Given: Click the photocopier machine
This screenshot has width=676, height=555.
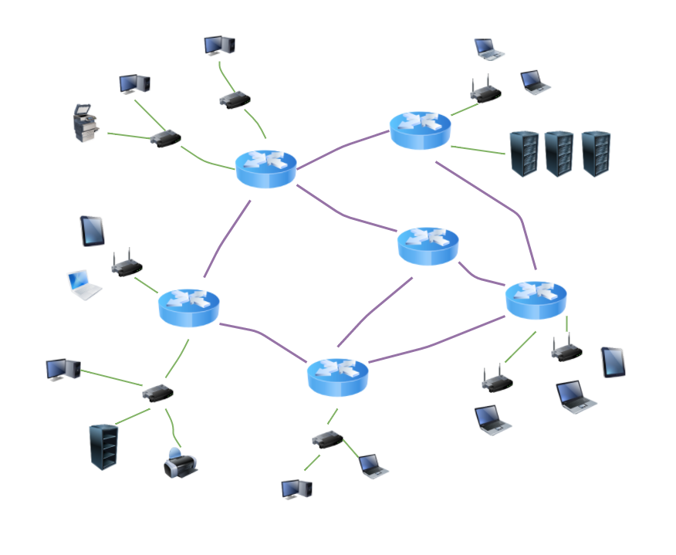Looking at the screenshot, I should [86, 123].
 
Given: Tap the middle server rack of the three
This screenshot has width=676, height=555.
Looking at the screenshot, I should [559, 154].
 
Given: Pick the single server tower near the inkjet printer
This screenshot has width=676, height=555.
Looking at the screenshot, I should [103, 447].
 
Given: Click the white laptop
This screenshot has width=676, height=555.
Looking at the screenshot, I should [83, 284].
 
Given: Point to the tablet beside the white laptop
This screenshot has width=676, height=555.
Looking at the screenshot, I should [93, 231].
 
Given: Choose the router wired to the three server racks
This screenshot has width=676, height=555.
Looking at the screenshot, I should [420, 130].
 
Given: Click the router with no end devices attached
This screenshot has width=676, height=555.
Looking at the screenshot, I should [428, 245].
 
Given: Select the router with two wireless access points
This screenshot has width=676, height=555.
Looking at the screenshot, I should [536, 299].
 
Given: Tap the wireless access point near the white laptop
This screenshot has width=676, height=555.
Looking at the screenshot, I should [127, 265].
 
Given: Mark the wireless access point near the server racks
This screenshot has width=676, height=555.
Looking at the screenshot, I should [485, 92].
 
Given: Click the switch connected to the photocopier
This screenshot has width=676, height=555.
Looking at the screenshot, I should [165, 139].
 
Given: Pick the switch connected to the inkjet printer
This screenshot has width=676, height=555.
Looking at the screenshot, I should [157, 393].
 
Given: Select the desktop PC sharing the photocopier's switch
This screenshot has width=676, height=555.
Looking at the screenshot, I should [134, 83].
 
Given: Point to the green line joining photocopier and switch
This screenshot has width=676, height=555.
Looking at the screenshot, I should [128, 136].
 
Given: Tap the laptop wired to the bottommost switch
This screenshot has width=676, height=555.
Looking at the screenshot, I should [372, 466].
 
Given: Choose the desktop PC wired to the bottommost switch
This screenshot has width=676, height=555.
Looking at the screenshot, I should [296, 489].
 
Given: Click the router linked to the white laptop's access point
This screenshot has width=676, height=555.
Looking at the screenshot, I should [189, 307].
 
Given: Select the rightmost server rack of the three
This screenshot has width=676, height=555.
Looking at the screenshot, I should [596, 154].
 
